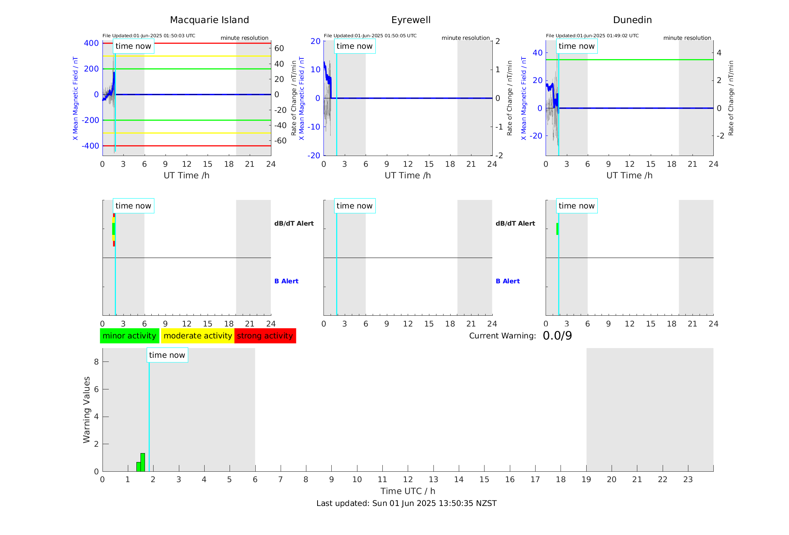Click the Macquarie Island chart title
[209, 20]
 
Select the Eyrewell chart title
[411, 20]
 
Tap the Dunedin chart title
[632, 20]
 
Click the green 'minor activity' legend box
[129, 336]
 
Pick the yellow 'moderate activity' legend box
[198, 336]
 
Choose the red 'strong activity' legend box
[265, 336]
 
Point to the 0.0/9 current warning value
[557, 336]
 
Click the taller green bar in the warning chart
[143, 462]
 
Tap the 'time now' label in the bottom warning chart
[167, 355]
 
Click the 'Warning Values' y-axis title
[87, 410]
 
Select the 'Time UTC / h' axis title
[408, 491]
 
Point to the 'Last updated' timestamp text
[406, 503]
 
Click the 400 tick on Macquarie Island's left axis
[91, 43]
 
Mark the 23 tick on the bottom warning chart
[688, 480]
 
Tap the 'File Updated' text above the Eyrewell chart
[370, 36]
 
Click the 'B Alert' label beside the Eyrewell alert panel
[508, 281]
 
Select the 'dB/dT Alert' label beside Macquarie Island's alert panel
[294, 223]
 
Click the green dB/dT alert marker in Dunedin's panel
[557, 229]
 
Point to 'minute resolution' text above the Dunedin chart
[687, 38]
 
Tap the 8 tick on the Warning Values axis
[96, 362]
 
